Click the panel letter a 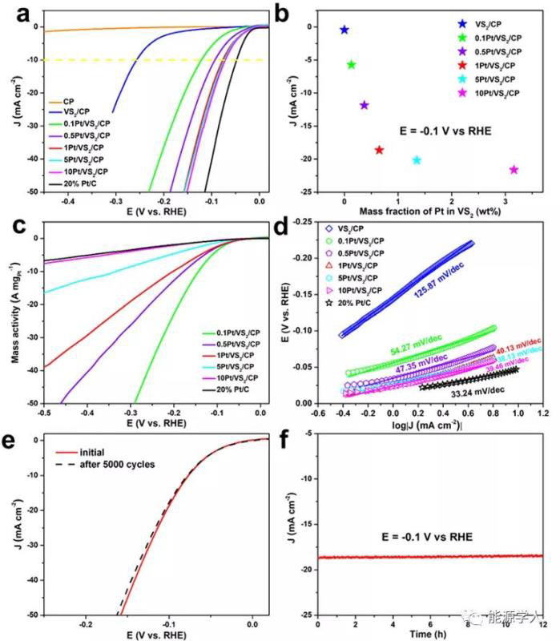[x=16, y=13]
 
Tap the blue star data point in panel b [x=344, y=30]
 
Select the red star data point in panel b [x=379, y=150]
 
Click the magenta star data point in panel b [x=514, y=169]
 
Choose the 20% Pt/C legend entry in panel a [x=83, y=183]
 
